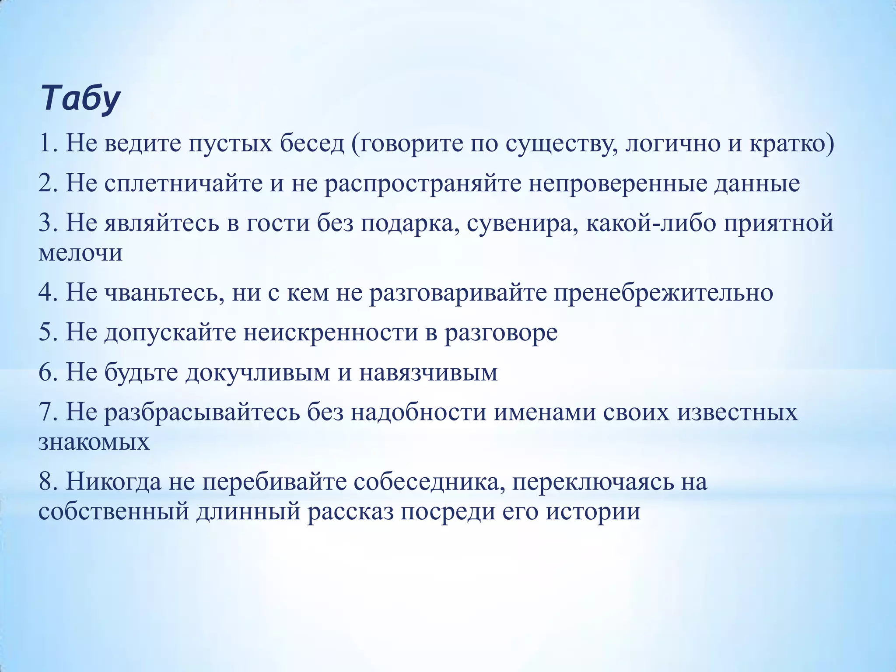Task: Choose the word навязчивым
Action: pyautogui.click(x=428, y=372)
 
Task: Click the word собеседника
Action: pyautogui.click(x=427, y=482)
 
